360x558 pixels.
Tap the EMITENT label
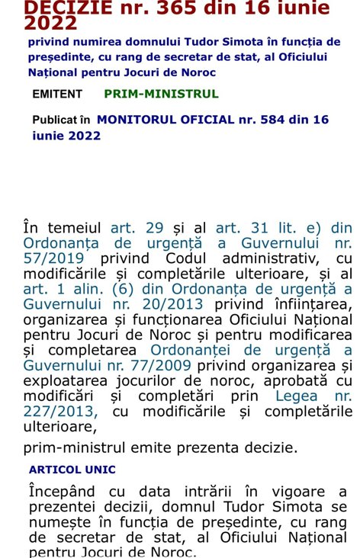click(57, 94)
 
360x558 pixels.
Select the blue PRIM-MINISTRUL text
click(161, 94)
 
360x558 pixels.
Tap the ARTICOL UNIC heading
click(72, 469)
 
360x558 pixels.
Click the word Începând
click(66, 490)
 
